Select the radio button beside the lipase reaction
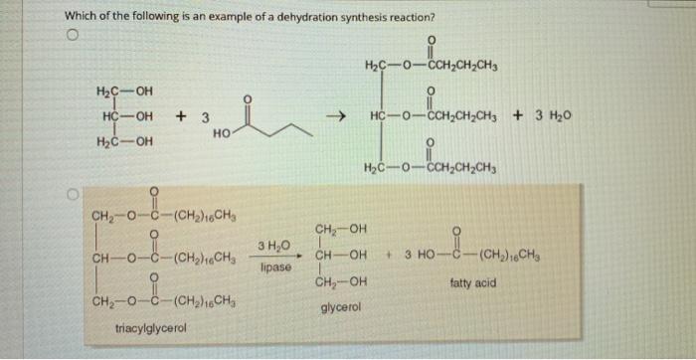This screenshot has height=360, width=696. tap(73, 194)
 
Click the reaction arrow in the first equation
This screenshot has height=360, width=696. tap(336, 117)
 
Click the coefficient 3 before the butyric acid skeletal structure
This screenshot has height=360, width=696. tap(205, 117)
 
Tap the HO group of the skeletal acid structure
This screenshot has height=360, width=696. tap(223, 132)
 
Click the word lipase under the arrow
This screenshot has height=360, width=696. tap(276, 268)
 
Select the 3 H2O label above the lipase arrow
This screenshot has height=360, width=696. tap(273, 245)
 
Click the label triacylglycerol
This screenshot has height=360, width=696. tap(151, 328)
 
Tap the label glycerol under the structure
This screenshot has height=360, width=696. tap(341, 306)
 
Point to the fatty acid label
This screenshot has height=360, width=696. tap(473, 282)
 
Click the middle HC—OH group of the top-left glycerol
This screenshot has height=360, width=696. tap(127, 117)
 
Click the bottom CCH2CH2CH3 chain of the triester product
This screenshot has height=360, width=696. tap(462, 168)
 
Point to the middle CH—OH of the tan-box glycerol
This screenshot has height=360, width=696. tap(340, 256)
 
